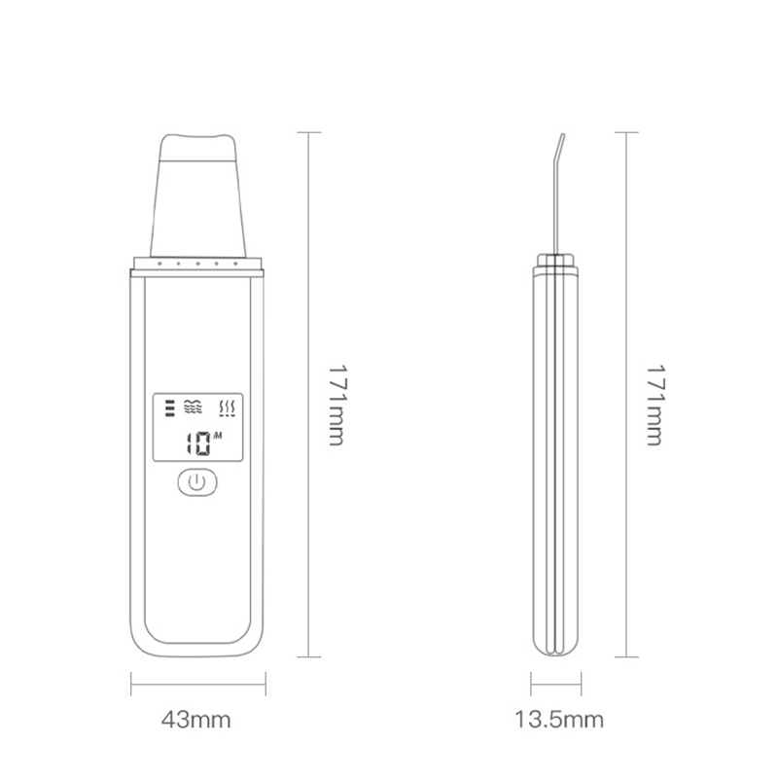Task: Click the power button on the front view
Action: [x=197, y=481]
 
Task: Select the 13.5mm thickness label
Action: [x=559, y=721]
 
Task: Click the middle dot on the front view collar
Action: [x=197, y=263]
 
